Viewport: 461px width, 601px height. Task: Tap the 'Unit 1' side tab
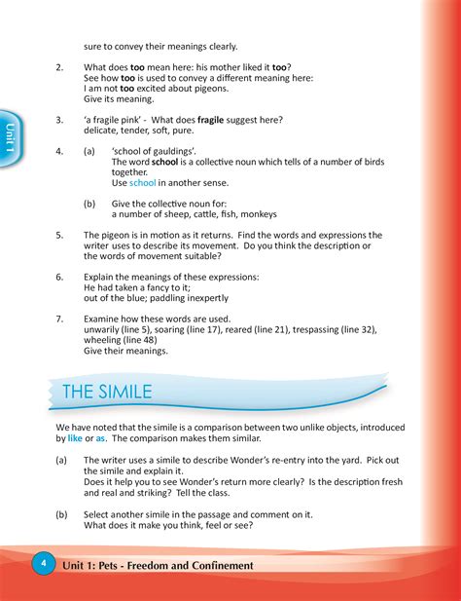point(10,136)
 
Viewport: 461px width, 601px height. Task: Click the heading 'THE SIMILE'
point(107,392)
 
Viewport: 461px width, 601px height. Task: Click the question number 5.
point(59,235)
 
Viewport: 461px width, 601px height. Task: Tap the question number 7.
point(59,319)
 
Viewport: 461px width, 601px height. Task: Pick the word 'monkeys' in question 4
point(255,213)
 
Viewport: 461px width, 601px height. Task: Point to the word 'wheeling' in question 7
point(104,340)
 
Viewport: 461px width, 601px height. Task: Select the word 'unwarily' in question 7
point(103,329)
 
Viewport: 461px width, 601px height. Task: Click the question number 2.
point(59,67)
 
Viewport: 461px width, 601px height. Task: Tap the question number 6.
point(59,277)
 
